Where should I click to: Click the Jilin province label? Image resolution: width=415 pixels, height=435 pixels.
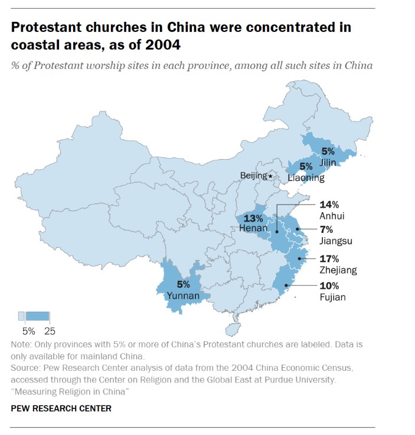[x=329, y=161]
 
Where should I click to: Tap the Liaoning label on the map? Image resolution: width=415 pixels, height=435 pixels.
[x=306, y=177]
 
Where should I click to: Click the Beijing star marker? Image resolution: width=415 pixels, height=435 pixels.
[x=270, y=176]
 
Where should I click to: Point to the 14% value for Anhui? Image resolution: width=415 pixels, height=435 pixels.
[x=329, y=205]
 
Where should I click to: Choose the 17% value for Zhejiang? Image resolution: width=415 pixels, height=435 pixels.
[x=329, y=258]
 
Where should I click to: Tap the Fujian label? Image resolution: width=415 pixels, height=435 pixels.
[x=332, y=297]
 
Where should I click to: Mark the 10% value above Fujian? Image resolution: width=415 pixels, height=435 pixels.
[x=329, y=285]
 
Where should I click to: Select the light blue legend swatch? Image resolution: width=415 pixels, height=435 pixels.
[x=21, y=315]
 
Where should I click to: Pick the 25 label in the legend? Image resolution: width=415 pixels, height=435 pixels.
[x=49, y=331]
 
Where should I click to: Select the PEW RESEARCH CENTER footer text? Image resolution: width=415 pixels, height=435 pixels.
[x=61, y=408]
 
